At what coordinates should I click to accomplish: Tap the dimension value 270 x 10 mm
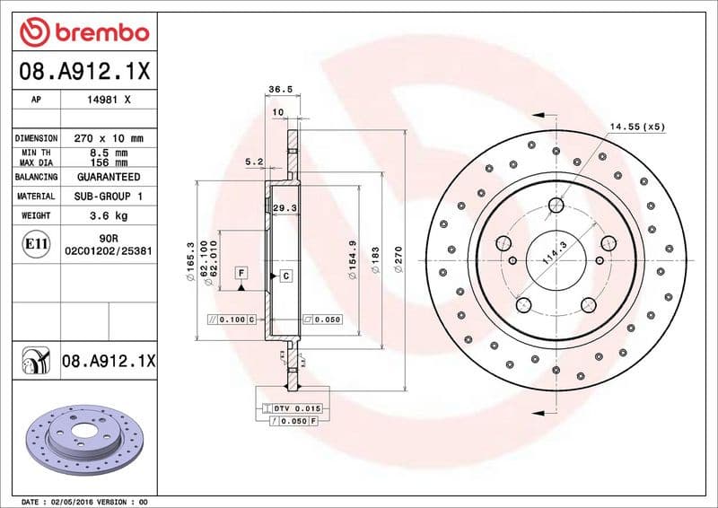pos(109,138)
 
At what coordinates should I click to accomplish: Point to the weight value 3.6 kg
pos(109,215)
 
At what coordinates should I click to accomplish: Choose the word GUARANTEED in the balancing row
pos(109,177)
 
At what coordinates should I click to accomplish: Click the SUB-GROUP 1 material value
pos(109,196)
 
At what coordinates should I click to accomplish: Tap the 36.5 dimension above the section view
pos(281,89)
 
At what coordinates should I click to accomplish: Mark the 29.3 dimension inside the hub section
pos(284,207)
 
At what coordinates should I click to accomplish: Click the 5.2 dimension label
pos(253,162)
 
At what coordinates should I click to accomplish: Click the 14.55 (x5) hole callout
pos(637,127)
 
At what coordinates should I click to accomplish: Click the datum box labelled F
pos(241,272)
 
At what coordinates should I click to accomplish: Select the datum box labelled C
pos(285,276)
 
